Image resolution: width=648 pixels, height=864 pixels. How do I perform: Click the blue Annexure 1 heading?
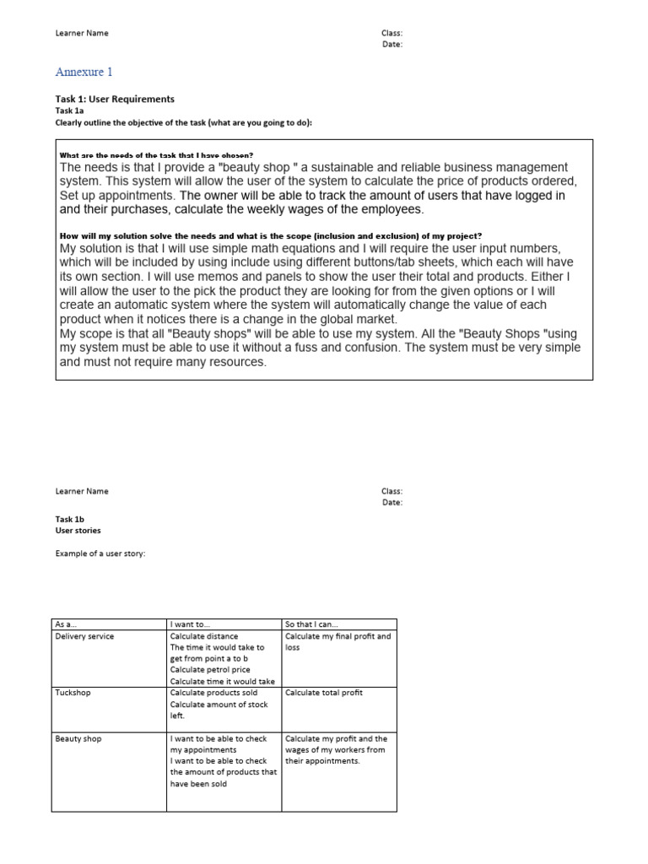coord(84,73)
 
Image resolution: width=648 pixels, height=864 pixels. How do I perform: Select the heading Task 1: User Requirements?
coord(115,99)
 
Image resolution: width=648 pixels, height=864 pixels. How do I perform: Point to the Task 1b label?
coord(70,519)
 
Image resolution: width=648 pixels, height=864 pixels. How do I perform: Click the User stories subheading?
coord(78,531)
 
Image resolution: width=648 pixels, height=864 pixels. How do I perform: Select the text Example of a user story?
coord(100,553)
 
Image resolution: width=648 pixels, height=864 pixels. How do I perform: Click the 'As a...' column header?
coord(67,624)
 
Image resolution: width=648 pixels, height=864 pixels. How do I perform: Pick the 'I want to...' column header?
coord(189,624)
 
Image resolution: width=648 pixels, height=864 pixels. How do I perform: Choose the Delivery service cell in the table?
coord(84,636)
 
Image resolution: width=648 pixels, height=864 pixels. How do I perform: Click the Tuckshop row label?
coord(73,692)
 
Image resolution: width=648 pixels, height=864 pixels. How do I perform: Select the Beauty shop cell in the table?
coord(78,738)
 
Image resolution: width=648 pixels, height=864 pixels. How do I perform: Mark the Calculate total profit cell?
coord(324,692)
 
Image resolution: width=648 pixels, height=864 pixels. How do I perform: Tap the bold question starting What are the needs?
coord(156,155)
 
